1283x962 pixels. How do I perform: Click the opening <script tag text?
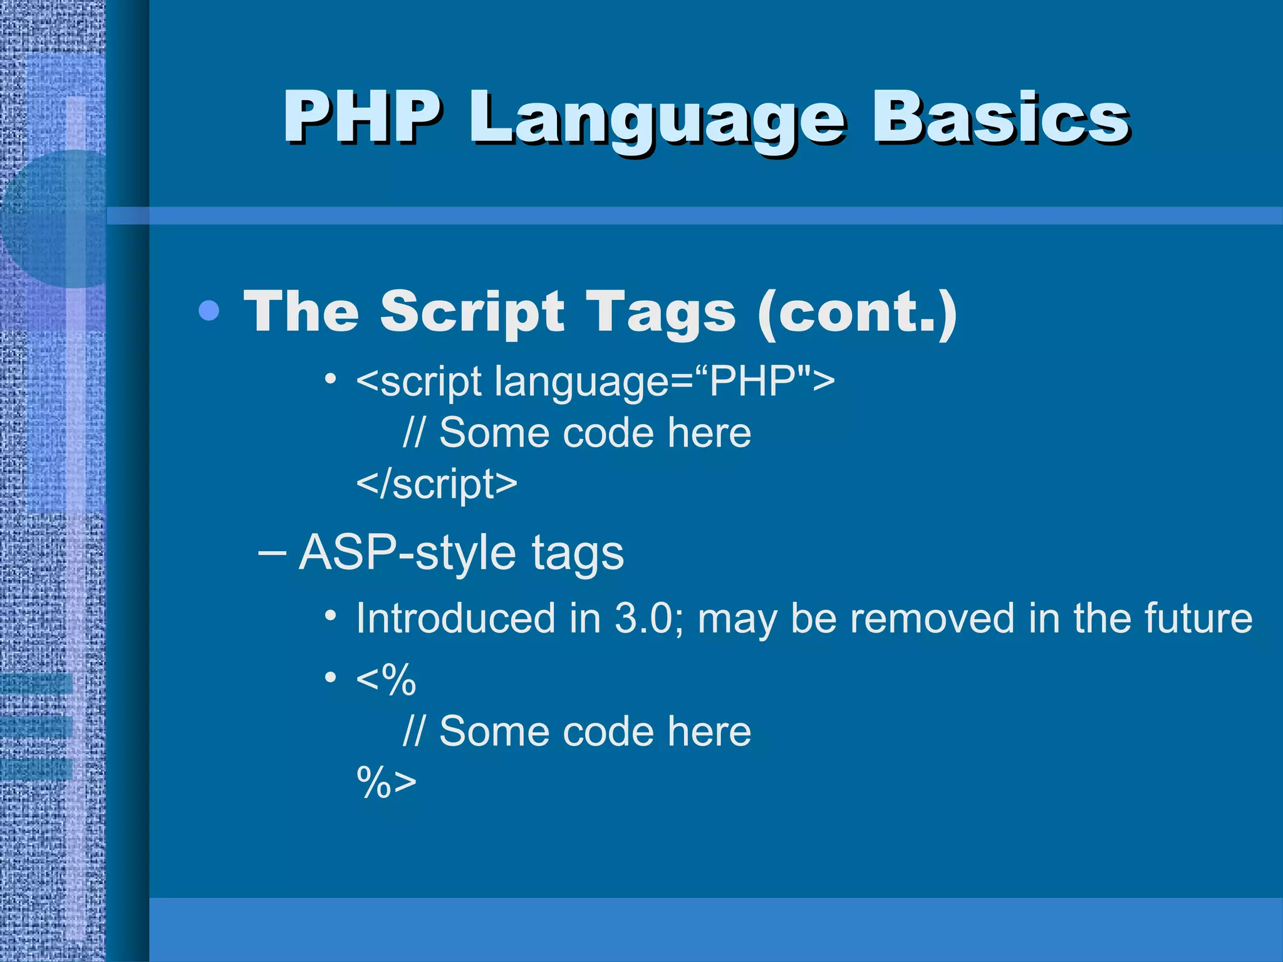(419, 381)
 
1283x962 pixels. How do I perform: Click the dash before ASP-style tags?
(272, 552)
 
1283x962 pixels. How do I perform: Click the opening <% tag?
(385, 679)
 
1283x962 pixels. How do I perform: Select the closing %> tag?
(386, 782)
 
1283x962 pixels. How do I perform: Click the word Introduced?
(455, 618)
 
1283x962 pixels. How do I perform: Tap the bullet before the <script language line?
(331, 379)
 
